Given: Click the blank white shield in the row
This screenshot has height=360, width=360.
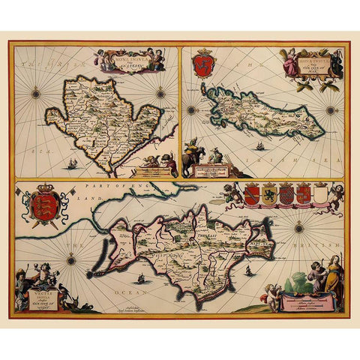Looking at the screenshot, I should [320, 195].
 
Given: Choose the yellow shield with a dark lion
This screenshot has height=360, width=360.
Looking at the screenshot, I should [268, 196].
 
